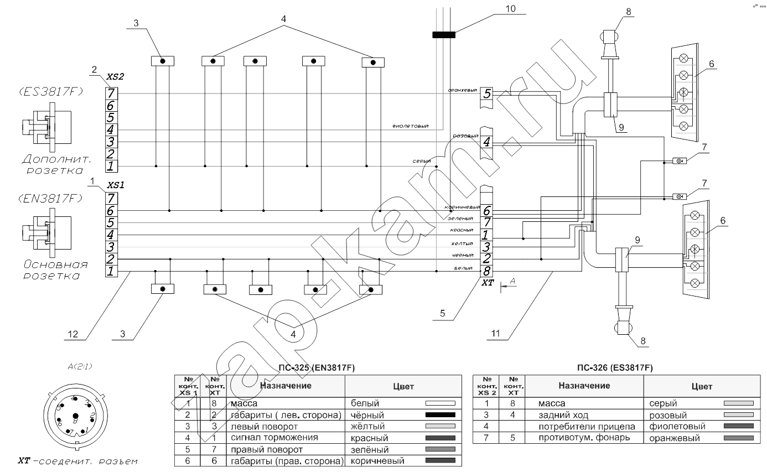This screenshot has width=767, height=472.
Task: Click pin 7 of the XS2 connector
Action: click(111, 93)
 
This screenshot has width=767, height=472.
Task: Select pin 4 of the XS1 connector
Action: click(111, 235)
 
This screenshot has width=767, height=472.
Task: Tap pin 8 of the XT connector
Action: click(486, 271)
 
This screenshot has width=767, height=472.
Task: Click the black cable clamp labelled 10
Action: click(443, 35)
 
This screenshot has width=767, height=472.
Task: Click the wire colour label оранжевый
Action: click(463, 90)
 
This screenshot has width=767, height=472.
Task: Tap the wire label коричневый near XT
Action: click(462, 208)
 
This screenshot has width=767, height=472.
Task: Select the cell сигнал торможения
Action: click(268, 438)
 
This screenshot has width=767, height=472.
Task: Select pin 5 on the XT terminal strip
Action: click(486, 94)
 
